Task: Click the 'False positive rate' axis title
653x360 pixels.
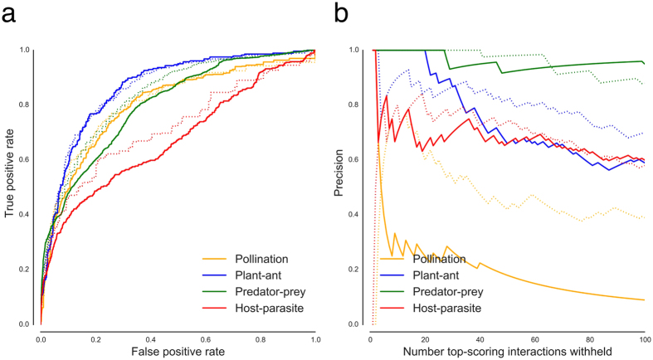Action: pyautogui.click(x=178, y=353)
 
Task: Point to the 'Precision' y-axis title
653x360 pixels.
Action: pyautogui.click(x=339, y=186)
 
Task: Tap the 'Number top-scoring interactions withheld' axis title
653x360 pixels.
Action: pyautogui.click(x=508, y=353)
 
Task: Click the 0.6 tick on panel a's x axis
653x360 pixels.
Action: pyautogui.click(x=205, y=340)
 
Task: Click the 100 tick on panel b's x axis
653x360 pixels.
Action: pyautogui.click(x=644, y=340)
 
